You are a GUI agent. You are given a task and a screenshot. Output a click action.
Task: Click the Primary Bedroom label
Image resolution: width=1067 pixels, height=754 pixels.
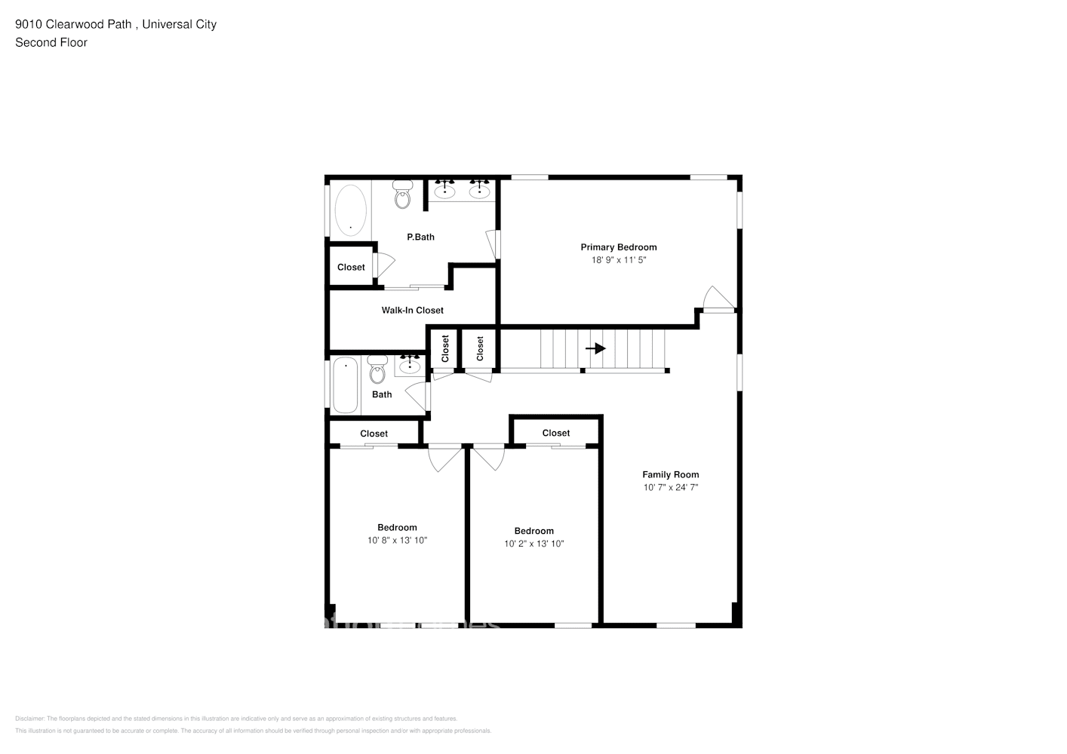tap(618, 247)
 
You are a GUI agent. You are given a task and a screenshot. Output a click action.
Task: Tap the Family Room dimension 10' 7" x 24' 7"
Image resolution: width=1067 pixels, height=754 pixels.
tap(670, 488)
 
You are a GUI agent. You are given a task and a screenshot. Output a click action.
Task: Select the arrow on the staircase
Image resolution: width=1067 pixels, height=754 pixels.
tap(596, 348)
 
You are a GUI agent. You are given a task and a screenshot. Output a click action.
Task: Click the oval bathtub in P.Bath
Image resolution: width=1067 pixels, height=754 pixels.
tap(350, 210)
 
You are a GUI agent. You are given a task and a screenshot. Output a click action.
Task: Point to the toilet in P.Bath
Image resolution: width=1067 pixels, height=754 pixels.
tap(403, 195)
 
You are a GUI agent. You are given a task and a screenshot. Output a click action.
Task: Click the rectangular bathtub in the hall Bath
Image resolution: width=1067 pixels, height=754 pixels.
tap(346, 385)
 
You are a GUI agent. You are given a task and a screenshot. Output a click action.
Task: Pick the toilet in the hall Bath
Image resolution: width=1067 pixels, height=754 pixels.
tap(377, 370)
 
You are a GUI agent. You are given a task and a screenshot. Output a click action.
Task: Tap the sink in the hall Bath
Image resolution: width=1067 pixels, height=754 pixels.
tap(410, 366)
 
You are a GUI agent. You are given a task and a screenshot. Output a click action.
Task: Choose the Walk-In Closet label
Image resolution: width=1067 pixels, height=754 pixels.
tap(412, 310)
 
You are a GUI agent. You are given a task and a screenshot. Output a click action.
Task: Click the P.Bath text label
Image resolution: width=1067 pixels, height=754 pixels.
tap(420, 237)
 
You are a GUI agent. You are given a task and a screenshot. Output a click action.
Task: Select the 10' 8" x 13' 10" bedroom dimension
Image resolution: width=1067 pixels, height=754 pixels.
tap(397, 541)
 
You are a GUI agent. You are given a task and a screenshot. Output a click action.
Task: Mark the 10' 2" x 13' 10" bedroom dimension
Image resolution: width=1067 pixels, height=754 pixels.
tap(533, 544)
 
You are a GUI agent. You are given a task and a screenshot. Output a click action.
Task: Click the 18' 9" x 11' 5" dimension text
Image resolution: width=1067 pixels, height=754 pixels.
tap(618, 260)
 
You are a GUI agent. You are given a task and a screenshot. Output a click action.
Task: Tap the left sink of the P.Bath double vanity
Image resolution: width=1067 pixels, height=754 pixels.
tap(444, 190)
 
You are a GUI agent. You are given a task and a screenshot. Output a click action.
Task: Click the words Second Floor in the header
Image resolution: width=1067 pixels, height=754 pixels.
tap(51, 43)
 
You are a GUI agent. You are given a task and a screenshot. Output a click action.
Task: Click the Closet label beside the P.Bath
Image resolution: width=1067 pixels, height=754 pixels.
tap(351, 267)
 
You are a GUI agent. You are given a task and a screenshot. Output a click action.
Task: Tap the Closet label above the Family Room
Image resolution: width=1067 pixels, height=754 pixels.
tap(556, 433)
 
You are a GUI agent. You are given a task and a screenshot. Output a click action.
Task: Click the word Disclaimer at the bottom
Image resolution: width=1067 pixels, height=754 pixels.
tap(30, 719)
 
